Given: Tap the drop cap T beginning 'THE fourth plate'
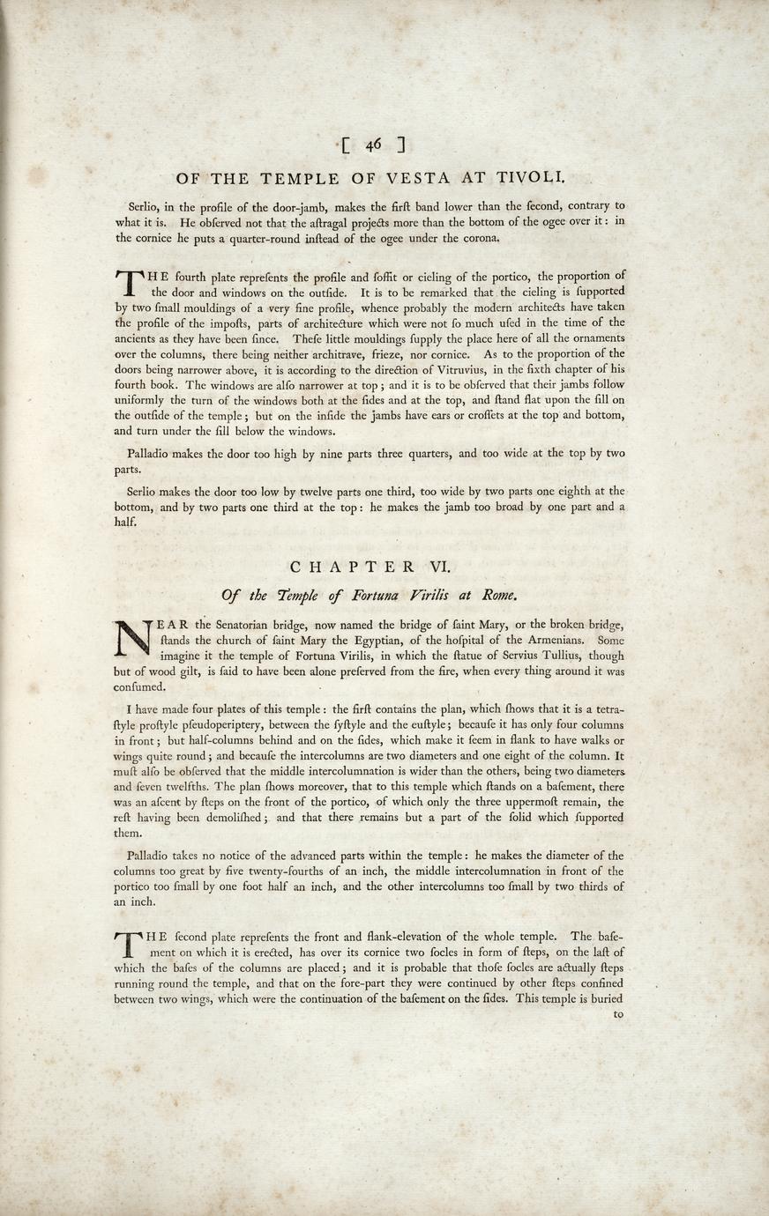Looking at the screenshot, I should click(128, 281).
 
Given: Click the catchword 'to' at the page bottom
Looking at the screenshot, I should click(617, 1014).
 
